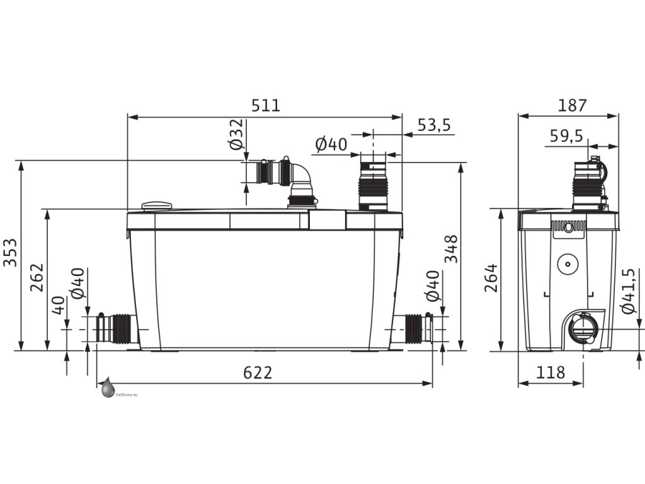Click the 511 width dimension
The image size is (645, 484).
click(x=266, y=105)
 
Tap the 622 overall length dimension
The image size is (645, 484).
click(x=258, y=372)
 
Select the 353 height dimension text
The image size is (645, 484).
click(x=10, y=252)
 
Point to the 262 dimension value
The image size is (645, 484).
click(x=37, y=277)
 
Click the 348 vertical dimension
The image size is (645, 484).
click(x=451, y=248)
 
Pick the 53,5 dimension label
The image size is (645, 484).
click(x=435, y=125)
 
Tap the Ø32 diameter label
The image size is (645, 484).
click(x=237, y=135)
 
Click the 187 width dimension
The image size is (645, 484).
click(x=572, y=106)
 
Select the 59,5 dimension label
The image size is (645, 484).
click(x=566, y=135)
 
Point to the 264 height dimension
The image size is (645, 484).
click(x=491, y=278)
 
